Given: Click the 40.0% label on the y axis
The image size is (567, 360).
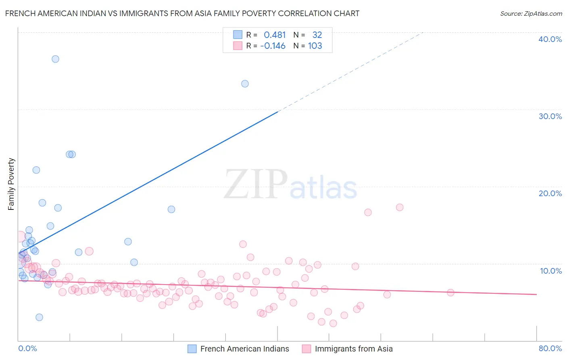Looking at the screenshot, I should click(x=550, y=39).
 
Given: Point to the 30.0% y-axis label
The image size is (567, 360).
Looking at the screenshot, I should click(x=550, y=116).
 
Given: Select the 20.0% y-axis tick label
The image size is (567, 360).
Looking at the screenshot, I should click(x=550, y=193).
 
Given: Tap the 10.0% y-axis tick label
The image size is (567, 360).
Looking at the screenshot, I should click(x=551, y=271).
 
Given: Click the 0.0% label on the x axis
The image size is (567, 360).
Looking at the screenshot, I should click(x=27, y=348).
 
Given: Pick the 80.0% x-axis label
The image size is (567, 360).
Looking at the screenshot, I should click(x=550, y=348).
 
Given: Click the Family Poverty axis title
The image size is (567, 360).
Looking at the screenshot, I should click(x=11, y=184).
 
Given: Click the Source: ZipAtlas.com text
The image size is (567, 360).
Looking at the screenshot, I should click(x=531, y=13).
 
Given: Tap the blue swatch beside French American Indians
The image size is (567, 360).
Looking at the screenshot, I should click(x=192, y=349).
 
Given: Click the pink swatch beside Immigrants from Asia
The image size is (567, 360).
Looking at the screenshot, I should click(x=307, y=349).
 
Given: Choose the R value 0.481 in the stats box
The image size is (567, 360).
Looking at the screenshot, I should click(x=275, y=35).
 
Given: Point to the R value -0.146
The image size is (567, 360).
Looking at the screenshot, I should click(x=273, y=46).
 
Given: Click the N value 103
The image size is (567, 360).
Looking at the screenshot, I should click(x=315, y=46).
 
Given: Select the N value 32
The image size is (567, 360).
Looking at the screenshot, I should click(x=317, y=35).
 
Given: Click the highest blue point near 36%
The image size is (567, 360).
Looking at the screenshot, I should click(x=55, y=59).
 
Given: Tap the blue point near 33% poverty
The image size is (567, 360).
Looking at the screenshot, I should click(x=245, y=84).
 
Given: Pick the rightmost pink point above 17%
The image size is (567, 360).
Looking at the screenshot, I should click(x=400, y=207).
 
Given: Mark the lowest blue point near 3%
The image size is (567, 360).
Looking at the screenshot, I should click(x=39, y=317).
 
